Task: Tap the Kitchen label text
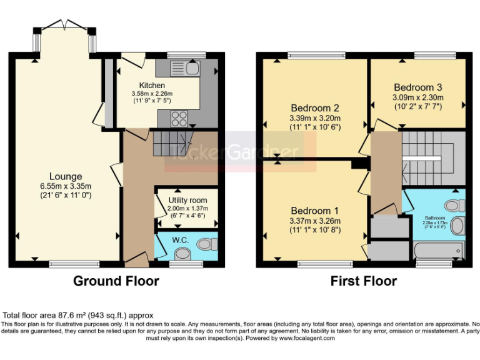pyautogui.click(x=152, y=86)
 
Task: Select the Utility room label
pyautogui.click(x=186, y=200)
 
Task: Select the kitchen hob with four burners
pyautogui.click(x=179, y=117)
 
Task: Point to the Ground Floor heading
pyautogui.click(x=116, y=281)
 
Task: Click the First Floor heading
pyautogui.click(x=363, y=281)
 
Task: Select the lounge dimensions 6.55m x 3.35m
pyautogui.click(x=67, y=186)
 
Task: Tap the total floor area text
pyautogui.click(x=79, y=316)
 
